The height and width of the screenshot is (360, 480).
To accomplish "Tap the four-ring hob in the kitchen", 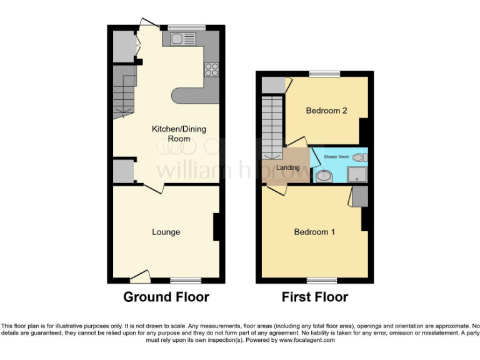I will click(x=211, y=69).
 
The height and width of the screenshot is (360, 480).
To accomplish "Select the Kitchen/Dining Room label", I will click(x=179, y=134).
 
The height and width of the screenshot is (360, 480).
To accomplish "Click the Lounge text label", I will click(x=166, y=232).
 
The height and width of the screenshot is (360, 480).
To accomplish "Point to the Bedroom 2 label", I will click(x=326, y=111).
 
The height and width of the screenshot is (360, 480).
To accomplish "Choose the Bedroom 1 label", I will click(x=314, y=232).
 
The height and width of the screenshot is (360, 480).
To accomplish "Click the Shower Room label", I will click(x=336, y=156).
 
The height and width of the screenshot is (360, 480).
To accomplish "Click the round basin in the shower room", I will click(x=324, y=176).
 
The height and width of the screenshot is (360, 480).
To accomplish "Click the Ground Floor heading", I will click(x=166, y=297).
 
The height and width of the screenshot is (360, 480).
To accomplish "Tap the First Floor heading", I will click(x=314, y=297).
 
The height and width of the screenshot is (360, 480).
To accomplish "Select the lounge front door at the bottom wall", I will click(x=140, y=276).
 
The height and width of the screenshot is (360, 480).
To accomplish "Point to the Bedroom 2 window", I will click(x=324, y=74).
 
